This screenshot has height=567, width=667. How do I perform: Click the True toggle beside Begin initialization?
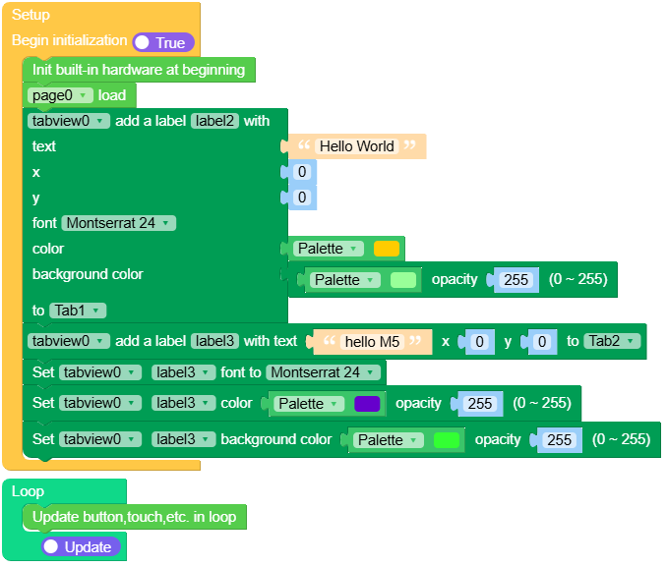coord(163,42)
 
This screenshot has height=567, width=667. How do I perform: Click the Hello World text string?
coord(356,146)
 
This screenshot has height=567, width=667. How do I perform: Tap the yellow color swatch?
coord(387,249)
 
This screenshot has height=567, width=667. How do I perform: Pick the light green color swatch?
coord(403,280)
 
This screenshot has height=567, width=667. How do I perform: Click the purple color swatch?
coord(367,404)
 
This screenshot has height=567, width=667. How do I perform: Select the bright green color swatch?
coord(447,440)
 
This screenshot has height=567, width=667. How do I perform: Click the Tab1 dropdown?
coord(78,311)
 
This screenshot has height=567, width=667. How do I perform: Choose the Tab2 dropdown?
coord(612,342)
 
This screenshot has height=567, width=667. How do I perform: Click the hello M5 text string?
coord(371,342)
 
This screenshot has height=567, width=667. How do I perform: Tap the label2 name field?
coord(214,121)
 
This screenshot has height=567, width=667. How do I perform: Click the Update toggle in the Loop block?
coord(81,546)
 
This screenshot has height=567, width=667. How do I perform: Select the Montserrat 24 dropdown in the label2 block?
coord(118,223)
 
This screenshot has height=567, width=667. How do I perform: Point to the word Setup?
coord(30,15)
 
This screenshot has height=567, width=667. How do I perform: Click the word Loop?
coord(28,491)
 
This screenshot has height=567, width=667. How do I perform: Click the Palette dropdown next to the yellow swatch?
coord(330,249)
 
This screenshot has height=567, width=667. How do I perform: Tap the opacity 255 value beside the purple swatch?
coord(480,404)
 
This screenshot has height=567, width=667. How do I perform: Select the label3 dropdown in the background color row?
coord(183,439)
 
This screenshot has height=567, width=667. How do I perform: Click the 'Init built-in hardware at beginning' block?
coord(138,70)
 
